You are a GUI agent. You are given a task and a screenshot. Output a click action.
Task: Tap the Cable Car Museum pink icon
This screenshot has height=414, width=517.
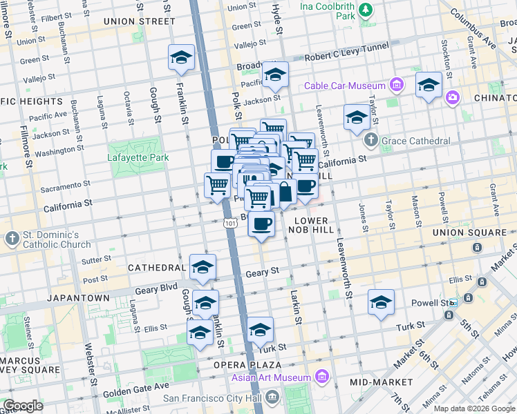tap(396, 86)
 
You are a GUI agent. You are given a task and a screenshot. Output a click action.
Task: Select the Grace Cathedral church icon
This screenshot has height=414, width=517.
tap(370, 141)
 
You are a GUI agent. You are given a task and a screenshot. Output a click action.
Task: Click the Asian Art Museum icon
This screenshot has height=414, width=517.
tap(321, 377)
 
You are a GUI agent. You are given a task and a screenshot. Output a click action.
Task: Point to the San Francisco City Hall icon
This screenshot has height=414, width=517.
tap(272, 397)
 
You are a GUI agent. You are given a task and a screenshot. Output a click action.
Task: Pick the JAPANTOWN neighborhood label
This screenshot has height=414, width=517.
tap(78, 297)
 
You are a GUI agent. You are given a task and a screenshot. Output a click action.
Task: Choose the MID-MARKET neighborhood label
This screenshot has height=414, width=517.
tap(380, 382)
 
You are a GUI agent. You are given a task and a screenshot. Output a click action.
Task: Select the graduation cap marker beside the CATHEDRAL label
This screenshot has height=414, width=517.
tap(203, 267)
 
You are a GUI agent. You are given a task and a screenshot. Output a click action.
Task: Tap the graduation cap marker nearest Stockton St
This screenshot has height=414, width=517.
tap(429, 85)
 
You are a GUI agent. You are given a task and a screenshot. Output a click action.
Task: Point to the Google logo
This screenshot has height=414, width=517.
tap(23, 405)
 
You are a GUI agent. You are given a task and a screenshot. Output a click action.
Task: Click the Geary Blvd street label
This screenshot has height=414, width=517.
tap(156, 291)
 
